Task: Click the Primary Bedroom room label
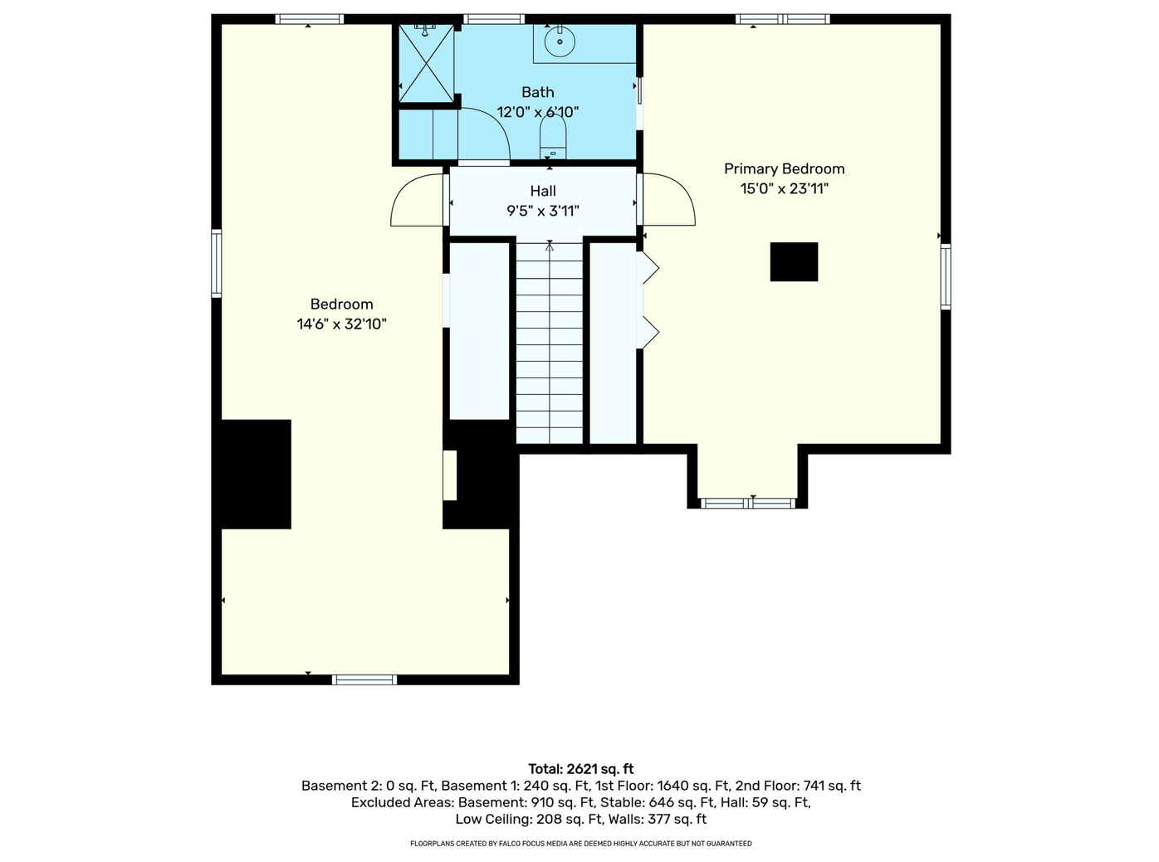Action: (784, 168)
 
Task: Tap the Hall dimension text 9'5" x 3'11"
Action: (543, 211)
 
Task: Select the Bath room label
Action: (537, 92)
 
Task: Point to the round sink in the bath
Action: (560, 41)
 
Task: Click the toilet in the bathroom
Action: (553, 136)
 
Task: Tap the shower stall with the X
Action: (427, 63)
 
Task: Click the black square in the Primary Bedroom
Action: (794, 261)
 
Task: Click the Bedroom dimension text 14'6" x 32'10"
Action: (341, 324)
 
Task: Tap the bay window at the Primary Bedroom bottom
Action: (748, 503)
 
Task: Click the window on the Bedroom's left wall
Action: (217, 263)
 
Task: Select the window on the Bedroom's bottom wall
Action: (364, 679)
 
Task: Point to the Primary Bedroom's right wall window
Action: (946, 276)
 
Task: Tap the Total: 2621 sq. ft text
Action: (580, 769)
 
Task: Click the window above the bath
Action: (493, 19)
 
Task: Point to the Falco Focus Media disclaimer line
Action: (580, 843)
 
